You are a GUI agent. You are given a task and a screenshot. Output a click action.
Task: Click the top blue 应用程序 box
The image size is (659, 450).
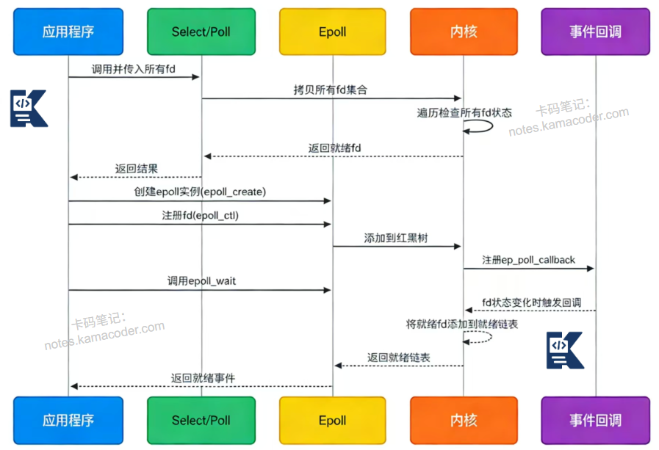point(68,32)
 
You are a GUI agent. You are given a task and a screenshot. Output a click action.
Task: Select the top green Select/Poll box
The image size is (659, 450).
point(201,32)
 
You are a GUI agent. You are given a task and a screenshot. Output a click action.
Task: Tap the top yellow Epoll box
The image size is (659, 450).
point(332,32)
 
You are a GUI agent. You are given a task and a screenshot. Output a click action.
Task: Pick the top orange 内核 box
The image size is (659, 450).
point(464,32)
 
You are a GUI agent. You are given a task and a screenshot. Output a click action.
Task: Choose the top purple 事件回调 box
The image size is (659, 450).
point(595,32)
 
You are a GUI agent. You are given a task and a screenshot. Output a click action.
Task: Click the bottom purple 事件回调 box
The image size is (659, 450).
point(595,421)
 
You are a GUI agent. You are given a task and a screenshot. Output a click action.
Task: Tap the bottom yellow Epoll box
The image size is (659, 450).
point(332,421)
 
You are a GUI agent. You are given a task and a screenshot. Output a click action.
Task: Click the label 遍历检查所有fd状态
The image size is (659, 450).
point(464,112)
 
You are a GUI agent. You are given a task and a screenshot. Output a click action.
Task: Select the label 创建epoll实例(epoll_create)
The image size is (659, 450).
point(199,192)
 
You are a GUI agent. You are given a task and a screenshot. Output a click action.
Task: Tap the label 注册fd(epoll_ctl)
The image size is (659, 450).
point(200,216)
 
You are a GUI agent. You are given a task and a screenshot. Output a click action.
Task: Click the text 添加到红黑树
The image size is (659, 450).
point(397,239)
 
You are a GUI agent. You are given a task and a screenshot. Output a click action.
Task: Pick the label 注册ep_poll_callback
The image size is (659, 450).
point(528,260)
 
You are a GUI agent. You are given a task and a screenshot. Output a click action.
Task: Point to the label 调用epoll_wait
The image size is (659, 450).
point(201,281)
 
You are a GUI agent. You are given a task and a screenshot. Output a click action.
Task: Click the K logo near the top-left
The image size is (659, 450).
point(28,109)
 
